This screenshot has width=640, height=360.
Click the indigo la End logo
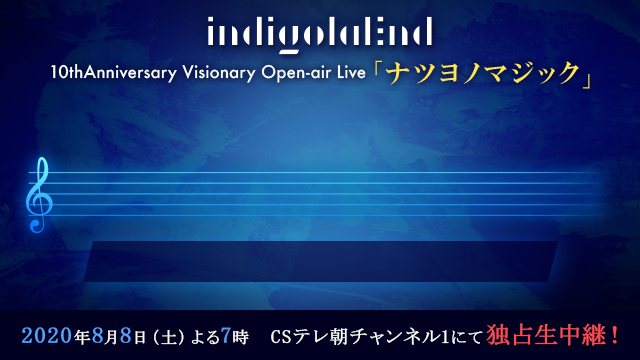(320, 34)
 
